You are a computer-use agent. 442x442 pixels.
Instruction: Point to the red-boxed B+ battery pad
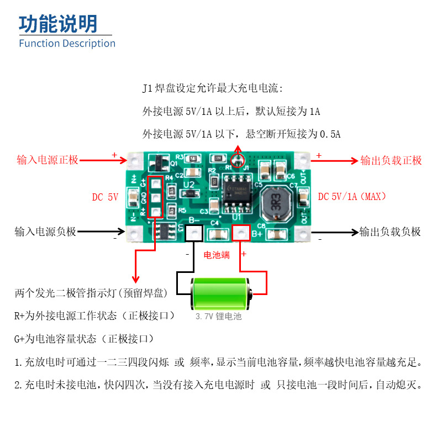241,234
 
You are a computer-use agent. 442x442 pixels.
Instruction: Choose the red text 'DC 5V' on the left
105,197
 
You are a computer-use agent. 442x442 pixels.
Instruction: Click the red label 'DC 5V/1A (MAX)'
352,197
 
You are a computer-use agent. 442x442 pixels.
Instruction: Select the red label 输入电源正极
48,160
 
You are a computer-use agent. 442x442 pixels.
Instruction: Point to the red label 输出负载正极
391,160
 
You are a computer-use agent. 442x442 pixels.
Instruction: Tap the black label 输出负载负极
390,232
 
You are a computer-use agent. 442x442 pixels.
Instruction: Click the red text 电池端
217,255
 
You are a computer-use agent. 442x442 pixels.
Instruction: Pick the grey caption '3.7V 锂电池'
219,317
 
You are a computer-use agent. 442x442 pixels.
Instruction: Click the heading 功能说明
59,24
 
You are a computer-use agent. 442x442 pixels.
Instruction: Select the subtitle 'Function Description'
67,43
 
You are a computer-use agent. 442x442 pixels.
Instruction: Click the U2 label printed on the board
189,184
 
